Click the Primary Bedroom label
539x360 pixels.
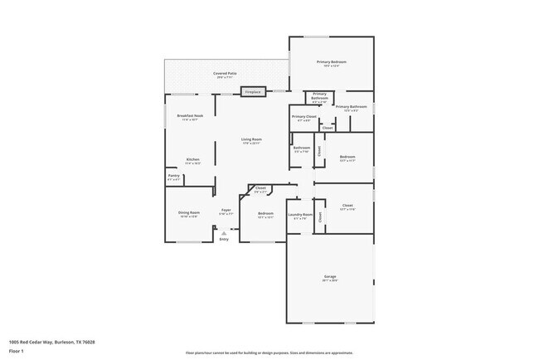click(331, 62)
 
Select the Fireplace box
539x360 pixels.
click(253, 91)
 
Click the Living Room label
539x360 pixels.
click(251, 139)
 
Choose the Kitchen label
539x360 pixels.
click(192, 159)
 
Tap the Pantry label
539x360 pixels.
click(173, 176)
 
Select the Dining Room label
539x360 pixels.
click(188, 213)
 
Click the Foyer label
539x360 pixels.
click(226, 211)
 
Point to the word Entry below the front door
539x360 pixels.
click(223, 239)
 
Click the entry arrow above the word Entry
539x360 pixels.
click(223, 232)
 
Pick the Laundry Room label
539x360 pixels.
click(300, 215)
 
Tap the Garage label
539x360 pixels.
click(330, 276)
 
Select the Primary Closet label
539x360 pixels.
click(303, 117)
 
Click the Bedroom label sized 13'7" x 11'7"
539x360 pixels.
click(347, 157)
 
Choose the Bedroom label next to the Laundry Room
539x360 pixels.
click(265, 214)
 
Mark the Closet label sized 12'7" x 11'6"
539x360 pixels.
click(347, 206)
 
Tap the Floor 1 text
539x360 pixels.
click(16, 350)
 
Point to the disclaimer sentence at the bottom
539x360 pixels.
click(269, 353)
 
